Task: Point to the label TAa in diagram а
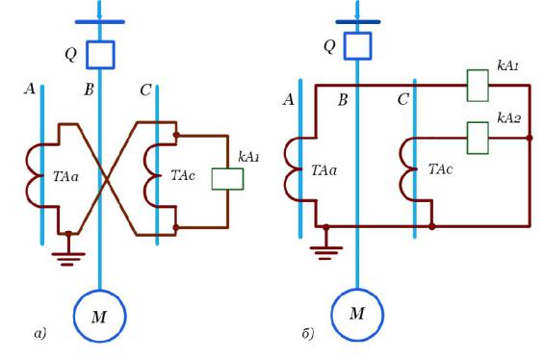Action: [x=65, y=177]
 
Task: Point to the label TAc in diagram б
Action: [x=440, y=169]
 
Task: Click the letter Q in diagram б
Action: [x=329, y=46]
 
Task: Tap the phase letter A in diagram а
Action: [x=30, y=90]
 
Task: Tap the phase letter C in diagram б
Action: [x=402, y=100]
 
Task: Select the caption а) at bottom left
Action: [x=40, y=334]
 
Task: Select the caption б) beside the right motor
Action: [x=308, y=334]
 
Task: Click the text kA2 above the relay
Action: [x=509, y=118]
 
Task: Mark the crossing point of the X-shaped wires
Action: [x=107, y=179]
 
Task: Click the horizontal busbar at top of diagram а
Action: [x=100, y=22]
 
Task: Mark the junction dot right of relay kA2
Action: [x=530, y=138]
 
